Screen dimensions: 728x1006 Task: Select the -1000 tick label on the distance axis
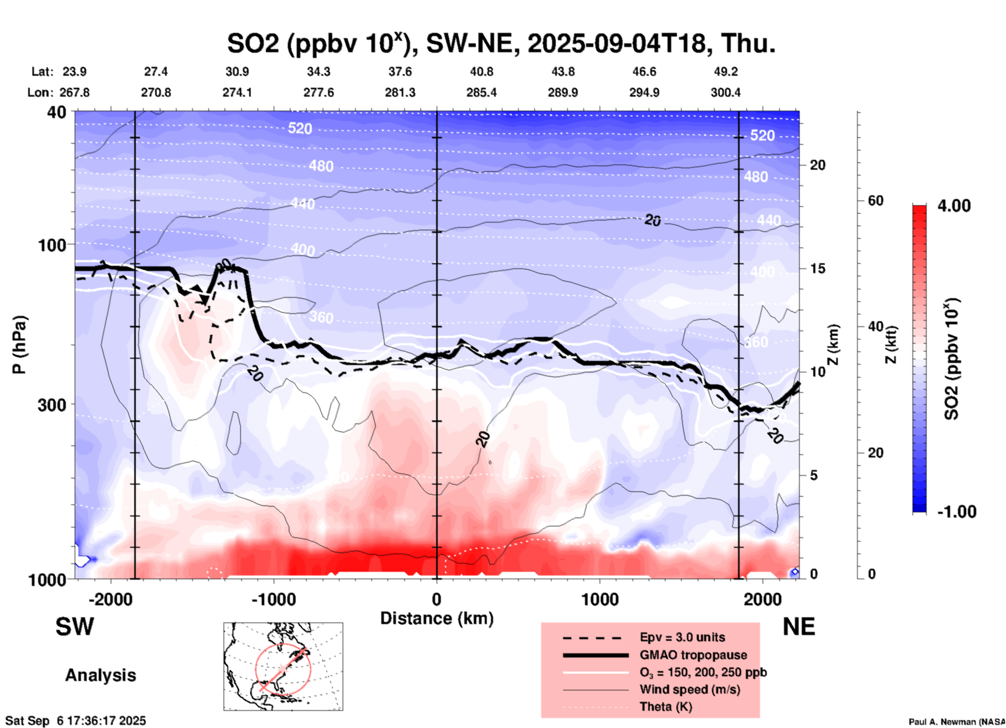tap(274, 599)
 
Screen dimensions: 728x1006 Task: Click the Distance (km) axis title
tap(437, 618)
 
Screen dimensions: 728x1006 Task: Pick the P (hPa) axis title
tap(19, 345)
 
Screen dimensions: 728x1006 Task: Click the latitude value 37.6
tap(400, 72)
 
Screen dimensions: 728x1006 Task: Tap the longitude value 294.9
tap(644, 92)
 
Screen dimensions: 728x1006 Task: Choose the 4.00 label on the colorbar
tap(954, 206)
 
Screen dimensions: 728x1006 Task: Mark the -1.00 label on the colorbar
tap(956, 512)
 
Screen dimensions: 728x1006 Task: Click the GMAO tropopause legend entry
tap(693, 655)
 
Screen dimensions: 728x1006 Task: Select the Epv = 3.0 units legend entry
tap(682, 638)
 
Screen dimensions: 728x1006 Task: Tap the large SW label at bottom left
tap(75, 627)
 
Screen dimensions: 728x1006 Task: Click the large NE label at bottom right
tap(799, 627)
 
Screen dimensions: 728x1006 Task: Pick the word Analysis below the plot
tap(100, 675)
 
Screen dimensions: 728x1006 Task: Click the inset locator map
tap(283, 666)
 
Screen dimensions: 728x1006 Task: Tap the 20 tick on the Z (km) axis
tap(817, 166)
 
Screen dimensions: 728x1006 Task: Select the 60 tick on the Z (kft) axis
tap(875, 201)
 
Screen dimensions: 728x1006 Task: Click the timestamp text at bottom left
tap(76, 721)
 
